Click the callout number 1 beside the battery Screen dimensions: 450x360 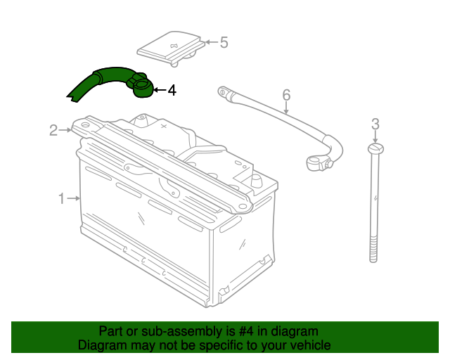pos(62,198)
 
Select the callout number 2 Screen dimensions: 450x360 pos(53,130)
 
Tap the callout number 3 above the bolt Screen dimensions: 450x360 pos(375,124)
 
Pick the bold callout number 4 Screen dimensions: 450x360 pos(172,90)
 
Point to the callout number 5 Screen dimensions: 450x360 pos(224,42)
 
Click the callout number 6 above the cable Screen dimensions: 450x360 pos(286,95)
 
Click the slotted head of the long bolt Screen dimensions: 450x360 pos(375,148)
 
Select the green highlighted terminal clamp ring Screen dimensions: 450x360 pos(141,86)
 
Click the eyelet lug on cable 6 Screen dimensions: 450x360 pos(223,92)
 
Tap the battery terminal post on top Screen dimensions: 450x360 pos(256,181)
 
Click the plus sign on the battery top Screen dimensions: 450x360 pos(164,126)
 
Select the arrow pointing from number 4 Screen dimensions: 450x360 pos(160,90)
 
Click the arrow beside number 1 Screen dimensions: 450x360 pos(73,198)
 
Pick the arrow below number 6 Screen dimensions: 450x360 pos(286,108)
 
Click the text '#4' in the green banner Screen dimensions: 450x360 pos(246,331)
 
